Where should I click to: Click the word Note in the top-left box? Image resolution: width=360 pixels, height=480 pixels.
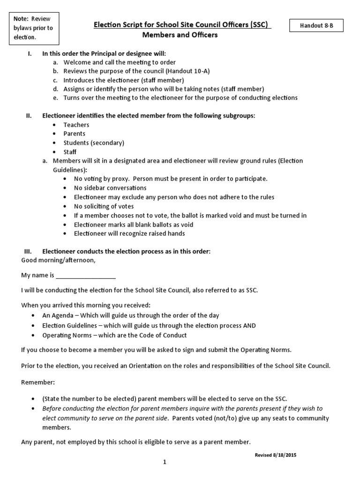point(21,19)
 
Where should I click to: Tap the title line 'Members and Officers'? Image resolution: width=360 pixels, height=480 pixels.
point(180,35)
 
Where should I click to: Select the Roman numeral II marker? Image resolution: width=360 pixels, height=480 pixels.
point(28,116)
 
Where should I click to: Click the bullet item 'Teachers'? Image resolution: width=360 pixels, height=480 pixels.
point(76,125)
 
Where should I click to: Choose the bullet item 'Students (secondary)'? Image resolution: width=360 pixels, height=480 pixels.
point(94,142)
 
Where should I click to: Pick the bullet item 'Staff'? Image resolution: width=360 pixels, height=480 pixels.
point(70,152)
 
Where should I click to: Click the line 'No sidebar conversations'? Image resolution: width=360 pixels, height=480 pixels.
point(110,187)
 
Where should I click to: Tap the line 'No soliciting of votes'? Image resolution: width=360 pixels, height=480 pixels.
point(104,206)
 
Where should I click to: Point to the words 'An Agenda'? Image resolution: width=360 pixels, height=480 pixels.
point(57,315)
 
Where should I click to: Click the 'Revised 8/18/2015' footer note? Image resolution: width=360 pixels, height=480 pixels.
point(276,455)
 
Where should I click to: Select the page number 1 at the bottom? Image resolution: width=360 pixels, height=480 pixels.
point(165,462)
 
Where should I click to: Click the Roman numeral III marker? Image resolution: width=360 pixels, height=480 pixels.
point(27,251)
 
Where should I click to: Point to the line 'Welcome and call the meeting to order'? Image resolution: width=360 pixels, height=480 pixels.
point(120,62)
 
